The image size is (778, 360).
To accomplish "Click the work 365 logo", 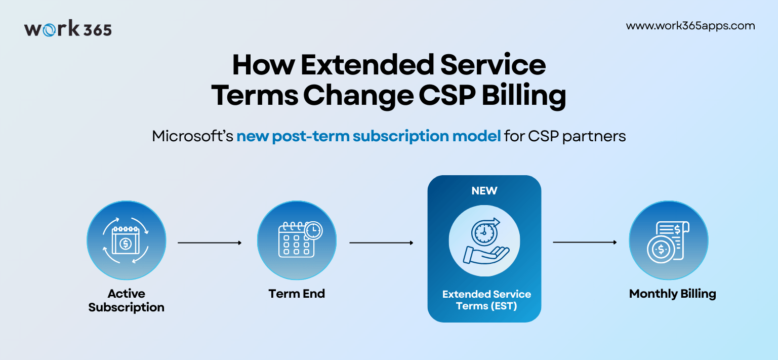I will (68, 29).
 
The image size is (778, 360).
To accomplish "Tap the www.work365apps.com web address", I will (690, 26).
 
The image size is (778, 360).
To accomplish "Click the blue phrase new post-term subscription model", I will (368, 136).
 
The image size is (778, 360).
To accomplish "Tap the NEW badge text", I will (484, 191).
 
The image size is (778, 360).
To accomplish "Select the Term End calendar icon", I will (297, 241).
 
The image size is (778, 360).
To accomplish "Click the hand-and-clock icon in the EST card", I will (484, 241).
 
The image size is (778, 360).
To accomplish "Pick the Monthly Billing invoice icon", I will (668, 241).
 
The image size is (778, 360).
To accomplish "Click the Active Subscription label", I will (126, 300).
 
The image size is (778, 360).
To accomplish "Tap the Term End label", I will (297, 294).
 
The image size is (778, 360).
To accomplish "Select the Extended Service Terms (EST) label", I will (486, 300).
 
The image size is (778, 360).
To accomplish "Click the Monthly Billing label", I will (672, 294).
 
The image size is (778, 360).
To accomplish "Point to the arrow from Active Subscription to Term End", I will (210, 243).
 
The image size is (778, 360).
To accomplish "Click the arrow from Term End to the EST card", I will (381, 243).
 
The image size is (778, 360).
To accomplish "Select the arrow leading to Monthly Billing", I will (585, 243).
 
